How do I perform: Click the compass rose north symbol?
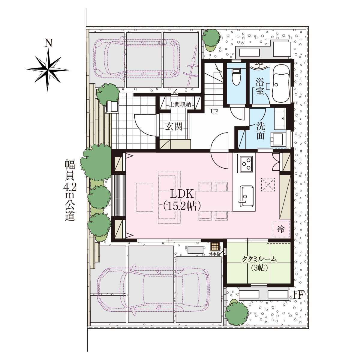[48, 70]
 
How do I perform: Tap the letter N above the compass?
[49, 43]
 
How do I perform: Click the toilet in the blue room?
[236, 77]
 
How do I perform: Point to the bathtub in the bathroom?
[281, 83]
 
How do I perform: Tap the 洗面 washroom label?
[261, 131]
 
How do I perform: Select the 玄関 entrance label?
[174, 127]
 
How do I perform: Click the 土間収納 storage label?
[180, 104]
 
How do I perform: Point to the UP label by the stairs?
[214, 112]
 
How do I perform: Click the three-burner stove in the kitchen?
[246, 164]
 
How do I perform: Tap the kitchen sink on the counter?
[246, 196]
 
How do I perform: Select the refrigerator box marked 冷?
[281, 229]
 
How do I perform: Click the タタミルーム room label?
[259, 259]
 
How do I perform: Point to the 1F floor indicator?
[297, 295]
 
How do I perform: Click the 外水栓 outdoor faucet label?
[214, 254]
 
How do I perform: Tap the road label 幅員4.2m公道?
[70, 190]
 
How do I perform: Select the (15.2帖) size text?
[182, 206]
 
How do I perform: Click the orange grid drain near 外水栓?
[215, 247]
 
